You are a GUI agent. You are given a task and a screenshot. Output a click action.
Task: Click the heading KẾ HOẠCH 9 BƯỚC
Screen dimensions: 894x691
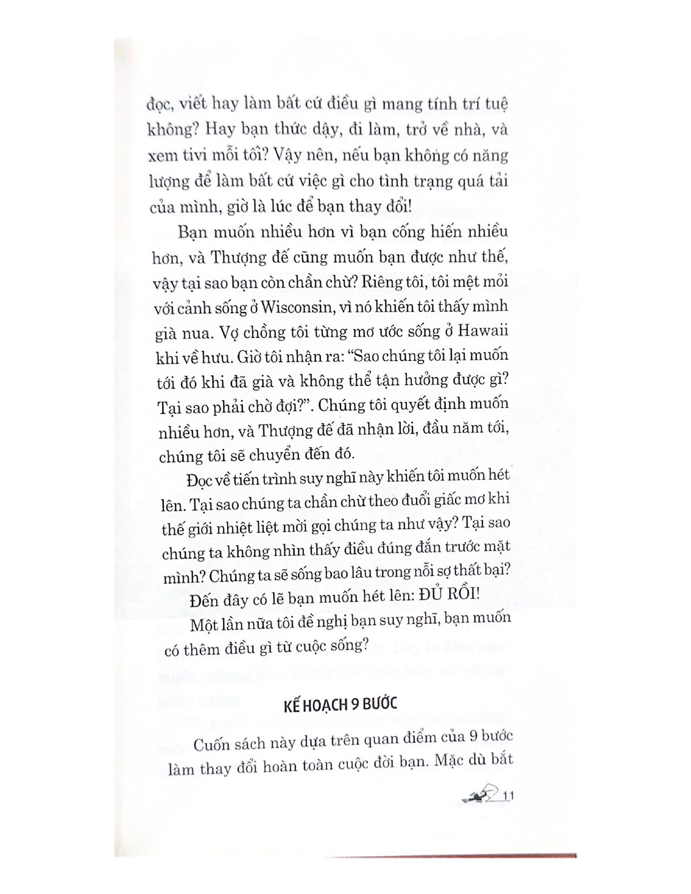click(340, 704)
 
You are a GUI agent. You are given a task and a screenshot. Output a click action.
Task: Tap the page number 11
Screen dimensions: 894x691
click(508, 796)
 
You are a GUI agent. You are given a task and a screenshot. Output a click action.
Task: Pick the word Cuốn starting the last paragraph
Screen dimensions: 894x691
click(214, 743)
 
